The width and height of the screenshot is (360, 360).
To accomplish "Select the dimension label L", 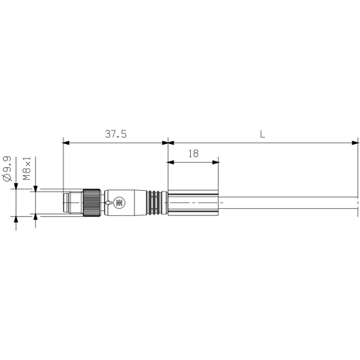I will tap(262, 135).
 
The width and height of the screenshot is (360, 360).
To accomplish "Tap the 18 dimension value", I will tap(193, 153).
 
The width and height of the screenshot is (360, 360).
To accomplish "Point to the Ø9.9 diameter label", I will tap(7, 168).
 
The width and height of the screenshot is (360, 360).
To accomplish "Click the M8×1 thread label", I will tap(26, 168).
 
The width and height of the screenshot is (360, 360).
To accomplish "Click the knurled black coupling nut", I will tap(91, 203).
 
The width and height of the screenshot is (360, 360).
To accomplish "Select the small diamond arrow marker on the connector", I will tap(108, 204).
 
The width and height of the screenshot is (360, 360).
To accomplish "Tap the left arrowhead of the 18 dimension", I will tap(171, 162).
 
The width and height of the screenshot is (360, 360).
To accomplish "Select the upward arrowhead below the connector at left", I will tap(16, 220).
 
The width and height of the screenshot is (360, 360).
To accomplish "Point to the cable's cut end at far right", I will tap(358, 203).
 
